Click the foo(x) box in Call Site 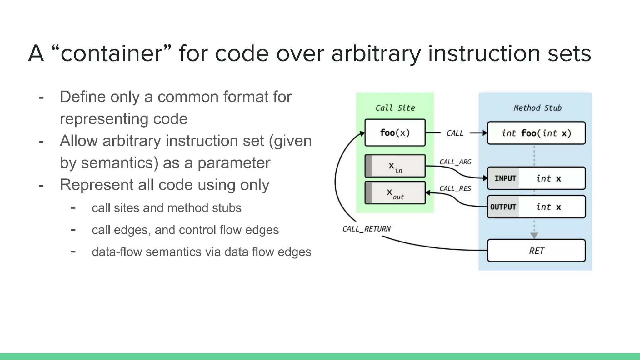point(395,132)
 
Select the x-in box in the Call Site point(395,166)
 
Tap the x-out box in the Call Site point(395,193)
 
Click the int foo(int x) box point(536,133)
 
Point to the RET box point(536,251)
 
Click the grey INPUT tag point(504,178)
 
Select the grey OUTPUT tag point(503,207)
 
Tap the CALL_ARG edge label point(455,162)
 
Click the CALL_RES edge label point(455,188)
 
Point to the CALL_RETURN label point(366,229)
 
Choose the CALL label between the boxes point(455,133)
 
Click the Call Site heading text point(395,108)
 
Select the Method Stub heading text point(537,108)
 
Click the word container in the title point(111,53)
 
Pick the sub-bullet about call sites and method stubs point(167,208)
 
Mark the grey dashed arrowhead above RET point(534,235)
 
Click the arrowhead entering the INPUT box point(485,178)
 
